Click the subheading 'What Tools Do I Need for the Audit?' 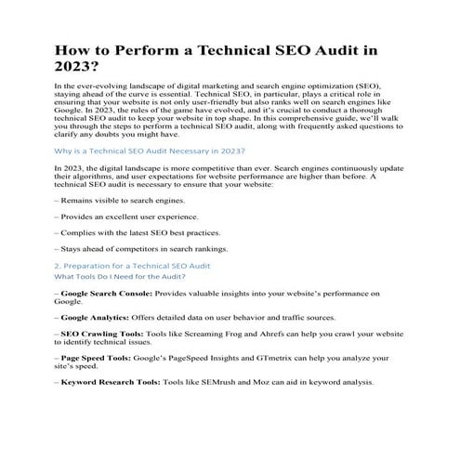133,276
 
